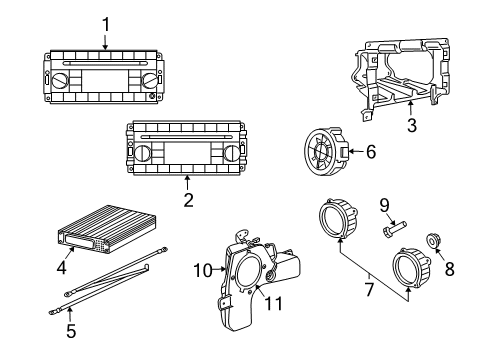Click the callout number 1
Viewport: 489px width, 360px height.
coord(105,23)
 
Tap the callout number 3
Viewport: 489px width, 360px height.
coord(411,125)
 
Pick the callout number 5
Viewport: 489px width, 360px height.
coord(70,327)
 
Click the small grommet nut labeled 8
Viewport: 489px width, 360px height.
coord(434,240)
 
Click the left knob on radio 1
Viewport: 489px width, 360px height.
coord(62,79)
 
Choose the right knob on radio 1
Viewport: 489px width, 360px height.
coord(150,79)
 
